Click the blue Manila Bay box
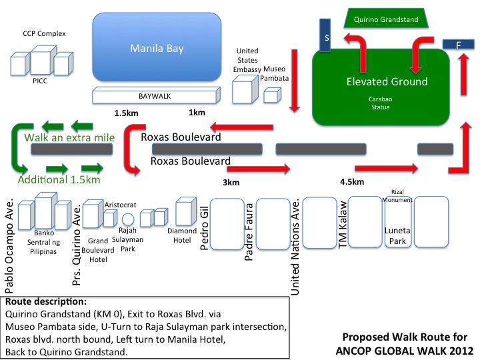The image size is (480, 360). pos(156,48)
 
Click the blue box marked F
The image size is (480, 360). pos(458,44)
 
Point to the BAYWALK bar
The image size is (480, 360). pos(155,96)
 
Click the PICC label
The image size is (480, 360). pos(41,83)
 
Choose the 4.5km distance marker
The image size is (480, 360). pos(351,182)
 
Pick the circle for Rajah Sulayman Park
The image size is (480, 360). pos(129,219)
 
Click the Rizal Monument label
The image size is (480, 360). pos(401,195)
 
